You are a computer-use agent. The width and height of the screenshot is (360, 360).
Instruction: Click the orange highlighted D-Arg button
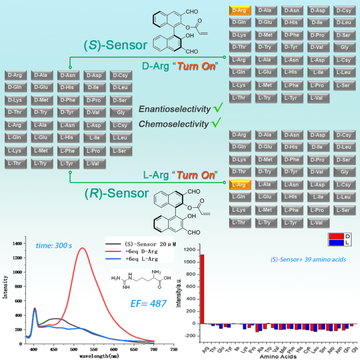coord(239,10)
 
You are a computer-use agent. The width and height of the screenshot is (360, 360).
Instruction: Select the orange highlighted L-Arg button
coord(239,184)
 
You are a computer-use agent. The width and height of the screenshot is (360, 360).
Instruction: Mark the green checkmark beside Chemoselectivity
coord(216,122)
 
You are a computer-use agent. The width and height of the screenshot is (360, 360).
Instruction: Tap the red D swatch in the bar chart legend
coord(334,235)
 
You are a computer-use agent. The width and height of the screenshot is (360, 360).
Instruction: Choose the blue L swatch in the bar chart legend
coord(334,242)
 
